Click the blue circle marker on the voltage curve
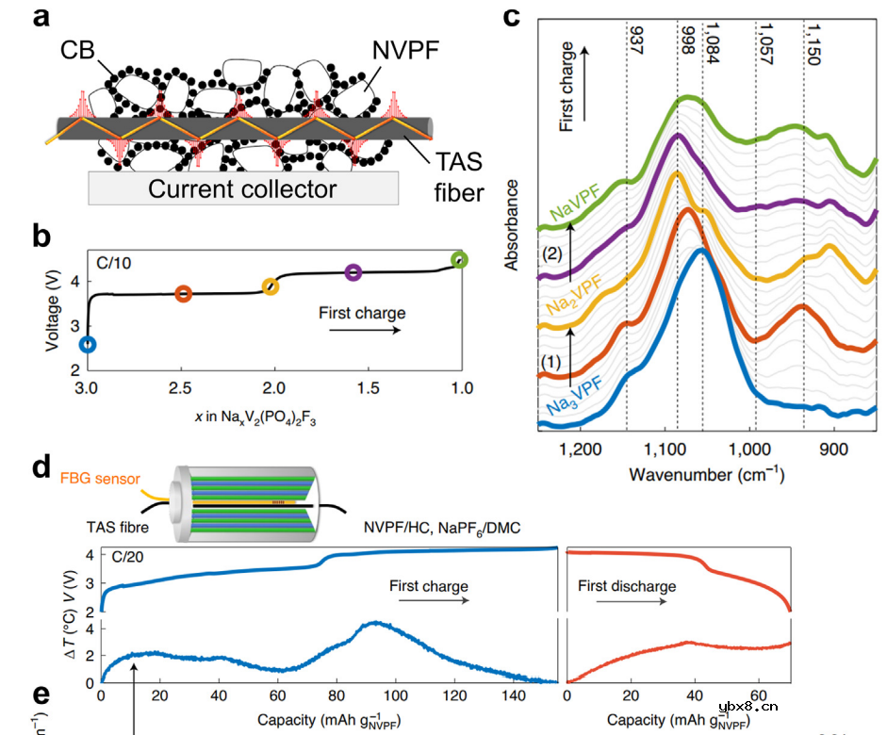click(87, 345)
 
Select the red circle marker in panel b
click(184, 294)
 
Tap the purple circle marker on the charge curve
click(353, 272)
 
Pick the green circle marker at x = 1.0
click(459, 259)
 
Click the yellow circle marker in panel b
click(271, 286)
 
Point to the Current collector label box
click(242, 188)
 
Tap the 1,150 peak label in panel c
click(813, 44)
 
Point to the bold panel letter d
click(41, 468)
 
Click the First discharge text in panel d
click(627, 586)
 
